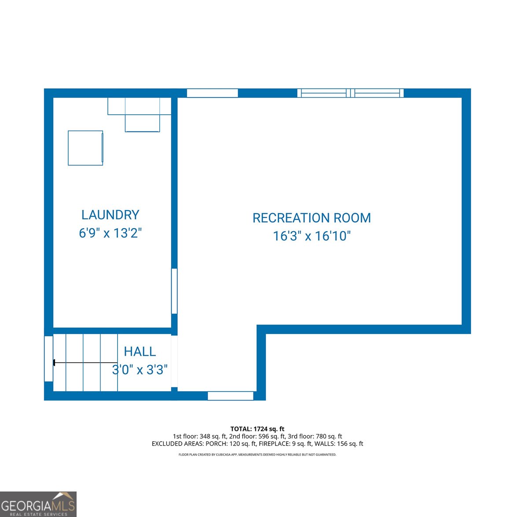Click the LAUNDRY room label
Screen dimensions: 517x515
coord(110,215)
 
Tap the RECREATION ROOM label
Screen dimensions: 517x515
coord(312,218)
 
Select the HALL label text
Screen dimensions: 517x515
coord(140,352)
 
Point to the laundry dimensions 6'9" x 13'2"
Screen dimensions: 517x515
coord(110,233)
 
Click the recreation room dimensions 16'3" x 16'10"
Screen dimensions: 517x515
coord(312,236)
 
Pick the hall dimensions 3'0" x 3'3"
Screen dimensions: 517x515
coord(140,370)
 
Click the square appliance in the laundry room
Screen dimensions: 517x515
coord(85,148)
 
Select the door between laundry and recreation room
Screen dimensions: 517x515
coord(174,291)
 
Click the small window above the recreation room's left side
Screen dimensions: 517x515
coord(212,93)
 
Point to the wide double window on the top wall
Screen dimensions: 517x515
coord(350,93)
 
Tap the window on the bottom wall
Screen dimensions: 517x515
coord(230,396)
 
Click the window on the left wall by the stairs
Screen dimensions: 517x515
coord(48,359)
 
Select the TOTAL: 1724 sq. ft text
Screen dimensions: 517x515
coord(257,429)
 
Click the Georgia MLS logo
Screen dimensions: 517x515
coord(38,504)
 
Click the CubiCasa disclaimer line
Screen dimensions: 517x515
coord(257,455)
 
